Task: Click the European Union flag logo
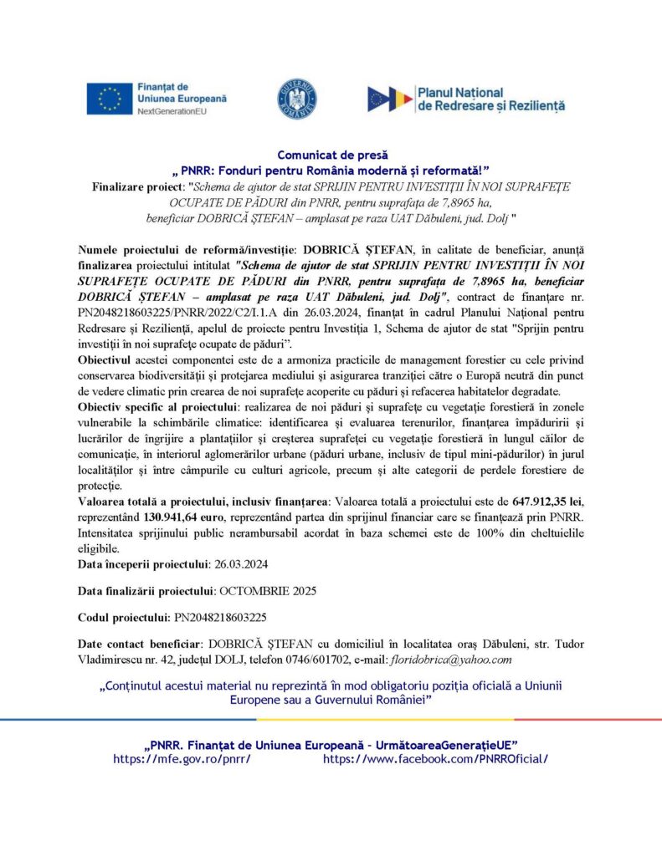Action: pyautogui.click(x=109, y=99)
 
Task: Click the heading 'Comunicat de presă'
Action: pyautogui.click(x=331, y=155)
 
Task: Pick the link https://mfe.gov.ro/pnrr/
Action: pyautogui.click(x=182, y=758)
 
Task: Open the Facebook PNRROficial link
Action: pyautogui.click(x=435, y=758)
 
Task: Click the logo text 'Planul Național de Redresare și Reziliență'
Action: pyautogui.click(x=490, y=99)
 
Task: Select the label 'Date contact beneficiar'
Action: pyautogui.click(x=140, y=645)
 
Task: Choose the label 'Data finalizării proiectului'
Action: pyautogui.click(x=146, y=590)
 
